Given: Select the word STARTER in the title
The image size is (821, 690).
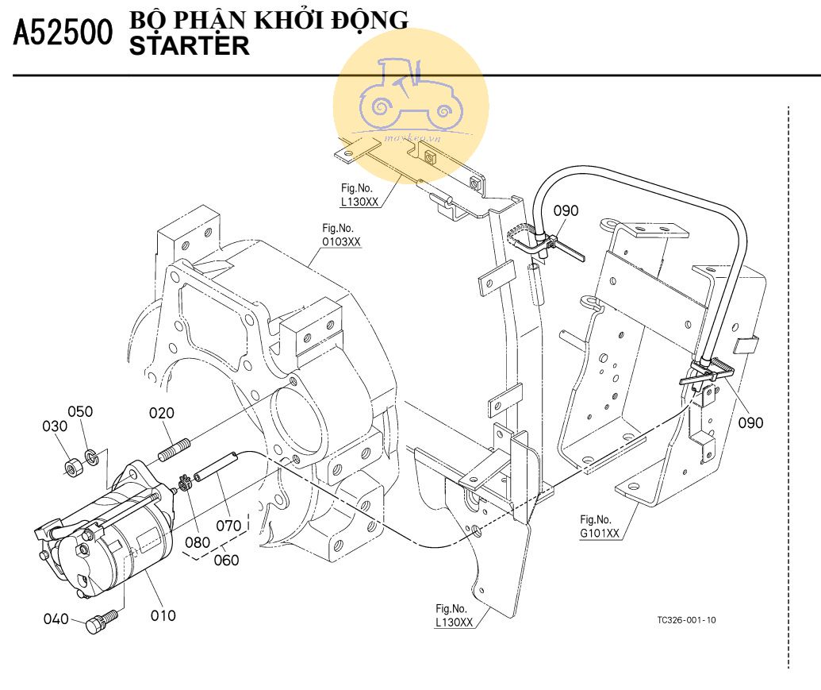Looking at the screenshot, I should [x=189, y=46].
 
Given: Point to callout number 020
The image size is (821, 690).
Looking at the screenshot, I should [x=161, y=413].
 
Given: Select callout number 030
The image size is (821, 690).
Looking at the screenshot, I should [x=56, y=426].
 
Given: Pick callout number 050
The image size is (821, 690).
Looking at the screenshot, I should [x=80, y=411].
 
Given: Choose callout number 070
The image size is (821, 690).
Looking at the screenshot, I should [x=228, y=525].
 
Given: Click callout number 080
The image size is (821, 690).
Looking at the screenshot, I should [x=198, y=543].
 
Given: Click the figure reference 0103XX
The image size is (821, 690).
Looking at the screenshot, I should [x=342, y=241].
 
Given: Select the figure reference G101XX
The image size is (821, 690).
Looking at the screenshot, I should [x=600, y=533].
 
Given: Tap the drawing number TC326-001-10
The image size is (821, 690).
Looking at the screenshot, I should [x=686, y=620].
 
